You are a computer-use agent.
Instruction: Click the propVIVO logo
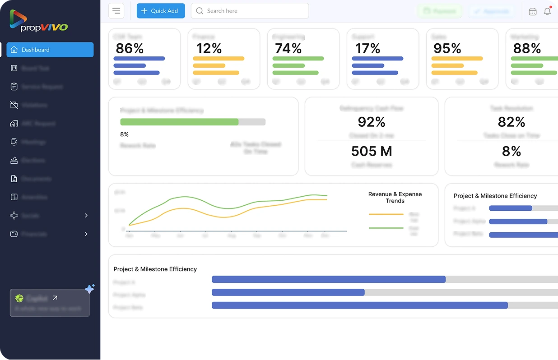38,21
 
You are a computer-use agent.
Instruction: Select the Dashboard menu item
50,50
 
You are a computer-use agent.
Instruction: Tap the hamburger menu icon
116,11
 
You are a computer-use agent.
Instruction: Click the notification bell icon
547,11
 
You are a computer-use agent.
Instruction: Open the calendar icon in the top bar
533,12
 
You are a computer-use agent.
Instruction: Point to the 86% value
130,49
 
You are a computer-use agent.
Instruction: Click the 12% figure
209,49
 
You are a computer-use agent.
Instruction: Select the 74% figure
288,49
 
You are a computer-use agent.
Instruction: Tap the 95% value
447,49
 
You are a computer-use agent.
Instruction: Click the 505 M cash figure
372,151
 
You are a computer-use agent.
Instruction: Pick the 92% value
372,122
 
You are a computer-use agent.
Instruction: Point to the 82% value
511,122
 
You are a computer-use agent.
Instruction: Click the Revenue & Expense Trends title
395,197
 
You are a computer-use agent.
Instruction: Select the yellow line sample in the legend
386,214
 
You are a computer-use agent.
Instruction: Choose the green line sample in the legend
386,228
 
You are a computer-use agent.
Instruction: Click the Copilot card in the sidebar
50,303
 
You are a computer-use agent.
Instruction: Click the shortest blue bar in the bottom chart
288,292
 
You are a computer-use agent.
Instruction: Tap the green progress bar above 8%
179,122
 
